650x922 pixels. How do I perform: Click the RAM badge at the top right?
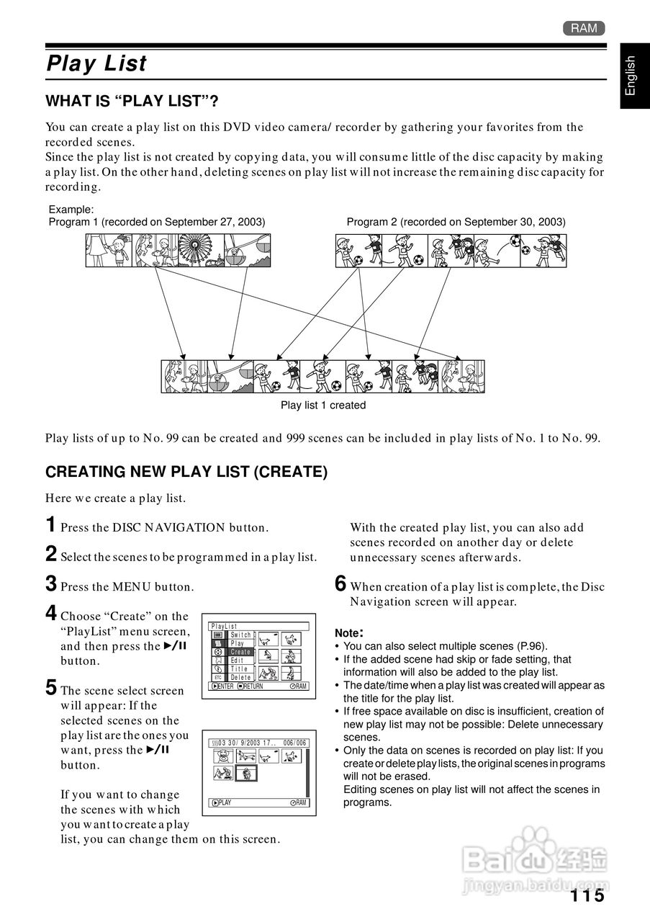pos(584,28)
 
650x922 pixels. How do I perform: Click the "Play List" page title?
pos(96,64)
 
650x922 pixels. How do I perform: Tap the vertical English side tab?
pos(631,76)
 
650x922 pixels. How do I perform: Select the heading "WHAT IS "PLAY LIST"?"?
pos(132,101)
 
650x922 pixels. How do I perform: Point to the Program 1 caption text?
pos(157,222)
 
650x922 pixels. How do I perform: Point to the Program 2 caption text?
pos(456,222)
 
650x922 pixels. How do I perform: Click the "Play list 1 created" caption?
pos(323,405)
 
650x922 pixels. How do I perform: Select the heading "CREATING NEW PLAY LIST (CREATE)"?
pos(186,472)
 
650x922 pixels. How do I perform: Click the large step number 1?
pos(51,525)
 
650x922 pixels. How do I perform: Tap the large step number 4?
pos(51,614)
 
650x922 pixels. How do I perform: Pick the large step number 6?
pos(341,584)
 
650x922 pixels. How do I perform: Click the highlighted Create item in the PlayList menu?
pos(240,652)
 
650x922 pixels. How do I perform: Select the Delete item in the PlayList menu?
pos(240,677)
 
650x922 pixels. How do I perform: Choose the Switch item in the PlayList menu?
pos(241,635)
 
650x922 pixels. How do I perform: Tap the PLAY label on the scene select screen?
pos(224,802)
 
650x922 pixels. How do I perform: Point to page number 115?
pos(587,895)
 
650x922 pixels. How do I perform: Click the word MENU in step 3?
pos(132,587)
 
